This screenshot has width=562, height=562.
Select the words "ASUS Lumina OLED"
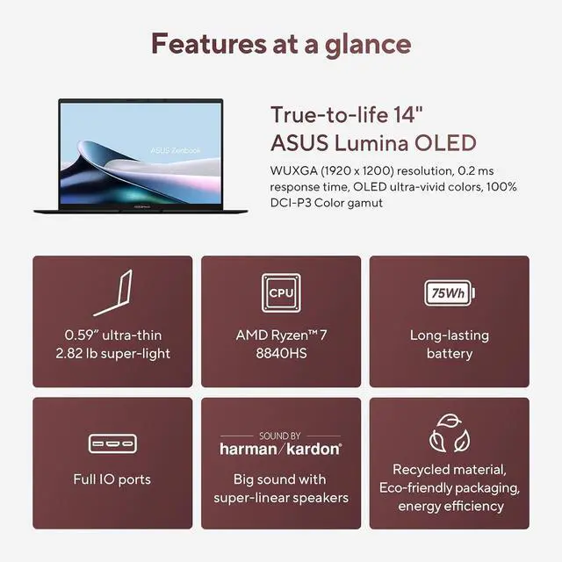tap(373, 143)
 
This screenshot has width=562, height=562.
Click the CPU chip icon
tap(281, 292)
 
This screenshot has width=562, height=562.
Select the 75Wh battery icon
tap(449, 292)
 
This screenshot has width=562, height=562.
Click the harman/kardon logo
tap(281, 448)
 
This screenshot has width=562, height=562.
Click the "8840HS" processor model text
tap(281, 354)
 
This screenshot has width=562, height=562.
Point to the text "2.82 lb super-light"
tap(112, 354)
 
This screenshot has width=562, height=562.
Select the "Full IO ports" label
tap(112, 479)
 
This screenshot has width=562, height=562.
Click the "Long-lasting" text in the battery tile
tap(449, 335)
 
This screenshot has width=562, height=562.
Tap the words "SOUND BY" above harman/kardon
tap(281, 435)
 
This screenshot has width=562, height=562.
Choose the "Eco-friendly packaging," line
tap(450, 487)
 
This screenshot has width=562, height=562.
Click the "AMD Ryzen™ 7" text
tap(281, 335)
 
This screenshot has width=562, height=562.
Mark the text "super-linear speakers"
tap(281, 498)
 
